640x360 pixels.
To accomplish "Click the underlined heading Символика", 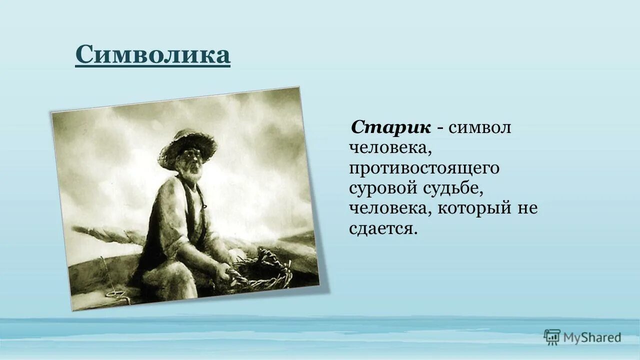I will (x=152, y=54).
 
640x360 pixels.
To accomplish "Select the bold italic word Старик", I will (x=391, y=127).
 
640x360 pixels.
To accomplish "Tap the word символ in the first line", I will (x=479, y=127).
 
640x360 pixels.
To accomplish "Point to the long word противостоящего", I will (x=424, y=168).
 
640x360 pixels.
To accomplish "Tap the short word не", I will (x=527, y=208).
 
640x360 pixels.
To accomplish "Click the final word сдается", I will (x=382, y=228).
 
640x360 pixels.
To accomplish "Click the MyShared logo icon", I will (x=552, y=337).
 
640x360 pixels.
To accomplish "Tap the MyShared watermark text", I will (x=592, y=338).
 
